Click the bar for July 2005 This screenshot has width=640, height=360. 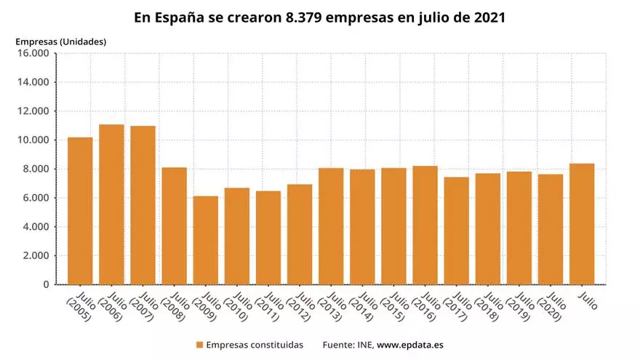pyautogui.click(x=80, y=211)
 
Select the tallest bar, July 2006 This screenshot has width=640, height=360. pyautogui.click(x=111, y=204)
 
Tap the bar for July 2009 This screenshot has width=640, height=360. pyautogui.click(x=205, y=240)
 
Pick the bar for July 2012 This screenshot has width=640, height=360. pyautogui.click(x=299, y=234)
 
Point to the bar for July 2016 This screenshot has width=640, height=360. pyautogui.click(x=425, y=225)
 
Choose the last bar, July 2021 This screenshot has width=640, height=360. pyautogui.click(x=582, y=223)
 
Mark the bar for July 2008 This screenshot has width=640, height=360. pyautogui.click(x=174, y=225)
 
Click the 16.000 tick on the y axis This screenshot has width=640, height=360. pyautogui.click(x=33, y=53)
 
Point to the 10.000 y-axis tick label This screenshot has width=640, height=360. pyautogui.click(x=33, y=140)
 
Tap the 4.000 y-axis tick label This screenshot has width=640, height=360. pyautogui.click(x=35, y=227)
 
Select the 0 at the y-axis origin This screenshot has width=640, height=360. pyautogui.click(x=45, y=284)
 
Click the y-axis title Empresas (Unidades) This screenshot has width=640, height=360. pyautogui.click(x=60, y=41)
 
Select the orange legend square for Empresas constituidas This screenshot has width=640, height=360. pyautogui.click(x=199, y=344)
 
